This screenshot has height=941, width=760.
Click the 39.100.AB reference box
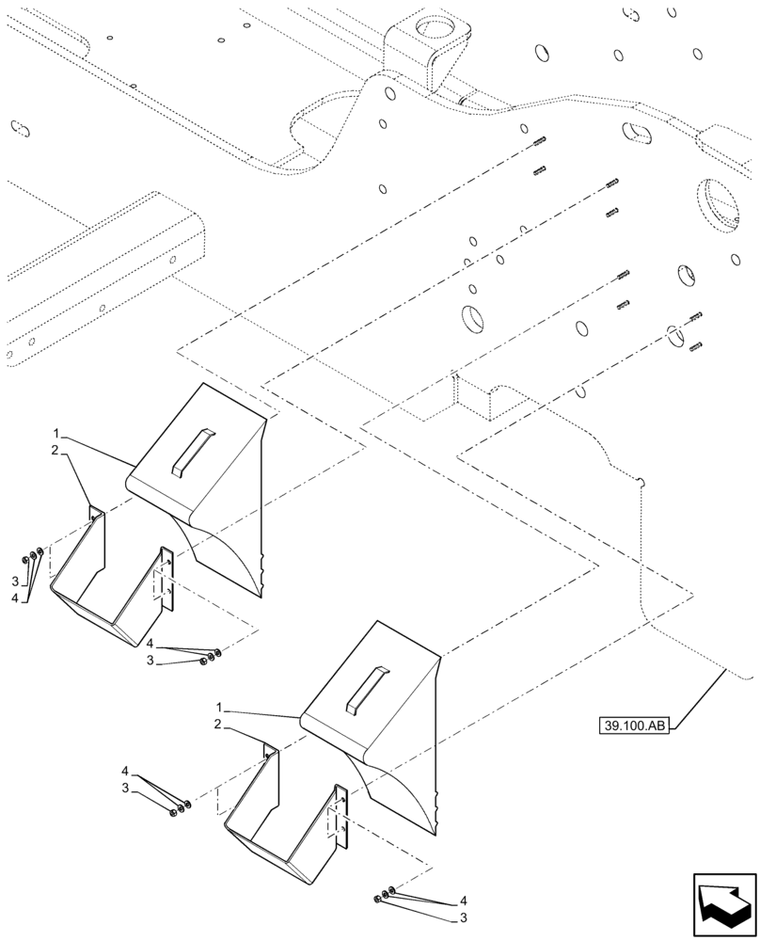[x=632, y=726]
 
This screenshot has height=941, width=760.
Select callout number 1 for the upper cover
[x=57, y=434]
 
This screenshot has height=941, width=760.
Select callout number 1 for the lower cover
[x=218, y=707]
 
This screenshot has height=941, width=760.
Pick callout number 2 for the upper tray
[x=55, y=452]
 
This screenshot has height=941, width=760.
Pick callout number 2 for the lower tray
[x=218, y=724]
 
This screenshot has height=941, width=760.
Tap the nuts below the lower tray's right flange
[x=383, y=896]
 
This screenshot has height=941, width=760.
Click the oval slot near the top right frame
[x=642, y=133]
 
